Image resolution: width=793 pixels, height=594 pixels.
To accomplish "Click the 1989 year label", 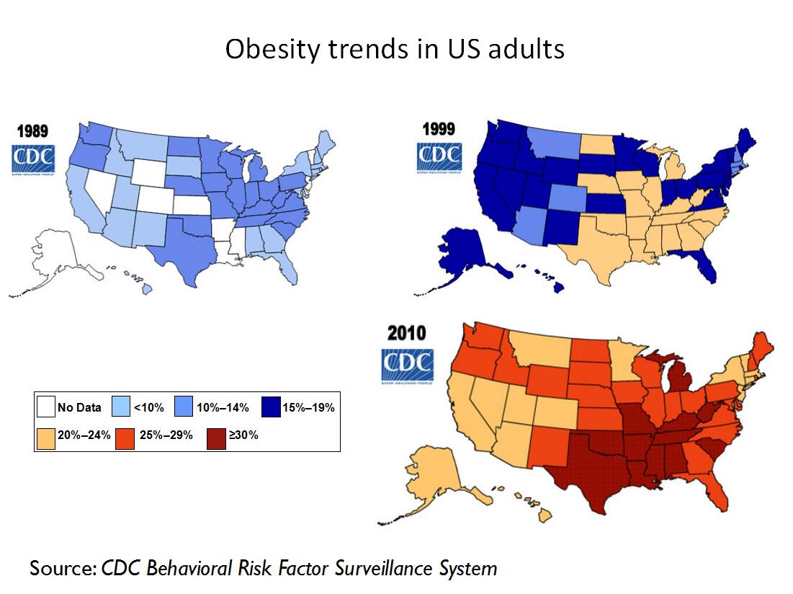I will [x=33, y=131].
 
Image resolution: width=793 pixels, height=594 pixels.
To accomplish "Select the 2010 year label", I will [x=407, y=333].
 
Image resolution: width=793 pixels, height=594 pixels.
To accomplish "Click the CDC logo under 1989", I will [x=31, y=159].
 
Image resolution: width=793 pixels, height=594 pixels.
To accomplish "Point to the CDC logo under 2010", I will [x=407, y=364].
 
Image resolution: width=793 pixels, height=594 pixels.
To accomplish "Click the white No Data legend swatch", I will [x=46, y=407].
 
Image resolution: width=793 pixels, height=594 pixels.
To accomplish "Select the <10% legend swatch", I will [x=122, y=407].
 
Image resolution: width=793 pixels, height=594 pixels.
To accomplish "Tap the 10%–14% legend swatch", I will [x=184, y=407].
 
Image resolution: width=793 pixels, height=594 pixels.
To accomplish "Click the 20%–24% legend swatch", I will [x=46, y=436].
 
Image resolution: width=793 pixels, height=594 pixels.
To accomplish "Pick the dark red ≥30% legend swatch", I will [x=217, y=436].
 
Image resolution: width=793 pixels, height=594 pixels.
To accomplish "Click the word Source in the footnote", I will [x=62, y=568].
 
